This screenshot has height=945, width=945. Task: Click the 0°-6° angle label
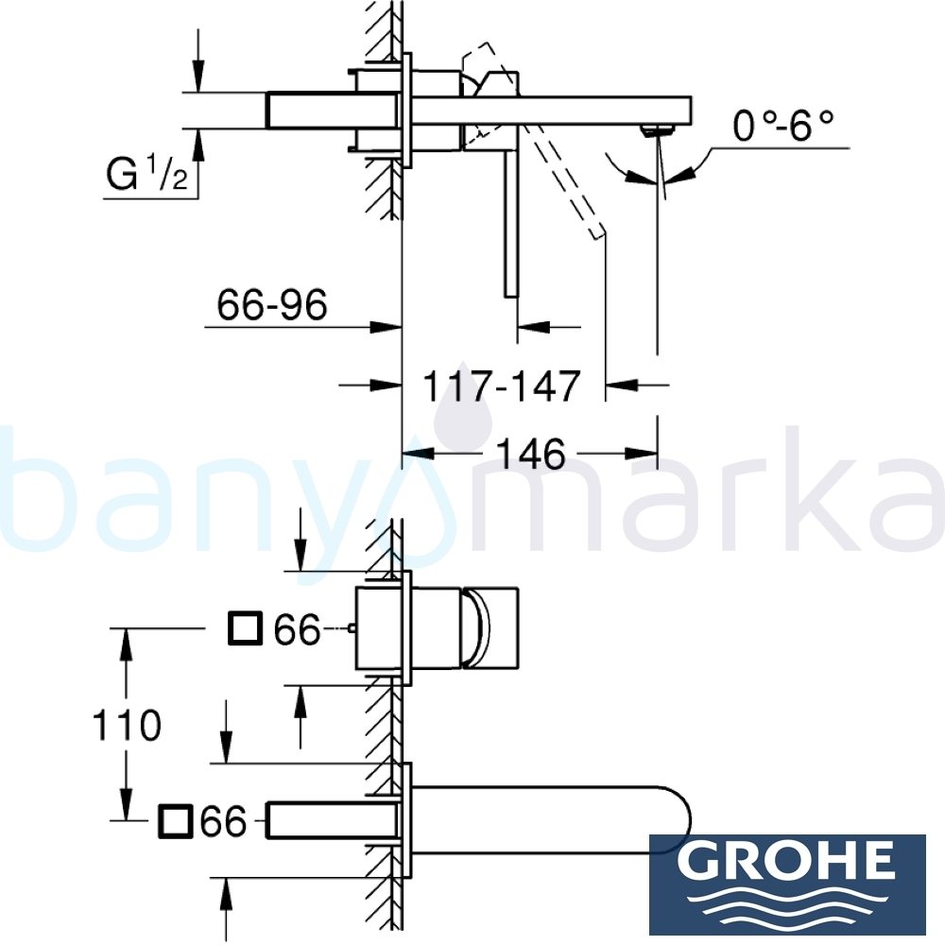tap(783, 127)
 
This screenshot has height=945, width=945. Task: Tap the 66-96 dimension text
tap(272, 305)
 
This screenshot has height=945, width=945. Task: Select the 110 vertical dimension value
tap(126, 726)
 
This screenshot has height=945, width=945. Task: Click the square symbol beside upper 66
tap(246, 627)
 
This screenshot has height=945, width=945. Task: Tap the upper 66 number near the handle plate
tap(298, 629)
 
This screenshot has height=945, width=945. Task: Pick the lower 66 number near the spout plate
tap(223, 821)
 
